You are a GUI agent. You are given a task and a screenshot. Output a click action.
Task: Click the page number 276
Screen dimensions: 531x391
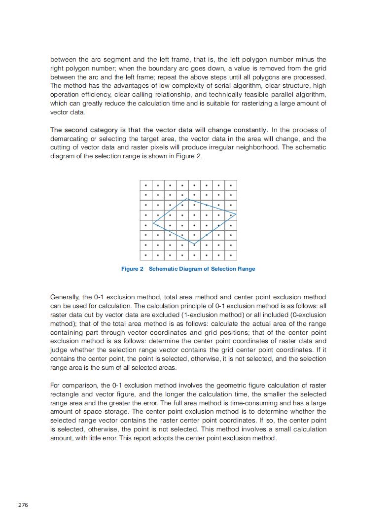click(x=23, y=505)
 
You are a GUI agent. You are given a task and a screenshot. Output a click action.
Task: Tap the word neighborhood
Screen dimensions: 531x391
click(x=254, y=147)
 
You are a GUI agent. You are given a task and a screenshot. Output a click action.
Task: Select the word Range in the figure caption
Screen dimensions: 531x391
click(x=246, y=269)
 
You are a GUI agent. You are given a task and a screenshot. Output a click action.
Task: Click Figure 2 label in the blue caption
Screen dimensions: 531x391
click(x=132, y=269)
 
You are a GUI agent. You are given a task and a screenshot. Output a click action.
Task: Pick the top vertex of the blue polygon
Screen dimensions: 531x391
click(x=186, y=199)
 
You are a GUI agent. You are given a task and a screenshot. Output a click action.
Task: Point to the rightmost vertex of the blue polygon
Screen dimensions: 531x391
click(x=236, y=214)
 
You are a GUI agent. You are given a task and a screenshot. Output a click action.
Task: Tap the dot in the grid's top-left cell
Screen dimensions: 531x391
click(x=146, y=185)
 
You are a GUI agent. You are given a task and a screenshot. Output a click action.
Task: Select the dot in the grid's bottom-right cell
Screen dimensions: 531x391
click(x=230, y=255)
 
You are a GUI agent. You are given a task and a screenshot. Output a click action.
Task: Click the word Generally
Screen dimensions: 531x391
click(x=65, y=297)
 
